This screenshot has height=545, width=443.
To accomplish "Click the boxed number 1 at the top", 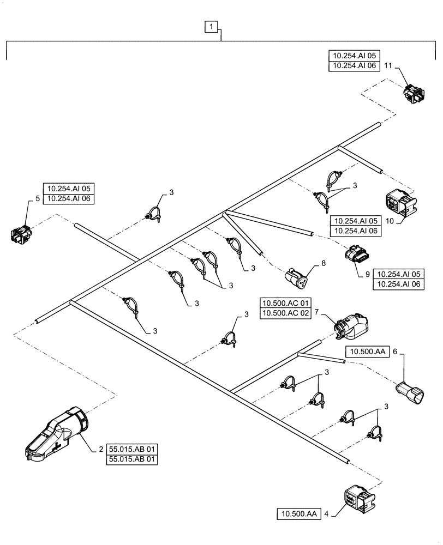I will (x=212, y=26).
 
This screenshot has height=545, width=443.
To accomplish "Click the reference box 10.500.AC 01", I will (x=285, y=302).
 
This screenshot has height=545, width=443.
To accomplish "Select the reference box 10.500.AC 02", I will (x=285, y=313).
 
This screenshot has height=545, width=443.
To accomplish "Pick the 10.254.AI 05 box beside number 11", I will (x=353, y=55).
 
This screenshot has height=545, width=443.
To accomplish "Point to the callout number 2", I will (x=101, y=450).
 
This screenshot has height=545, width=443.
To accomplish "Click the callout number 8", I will (x=323, y=263).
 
